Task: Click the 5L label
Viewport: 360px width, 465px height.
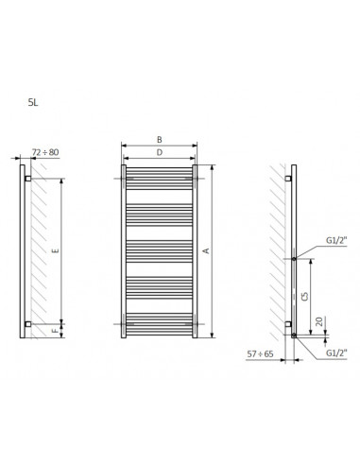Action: [33, 103]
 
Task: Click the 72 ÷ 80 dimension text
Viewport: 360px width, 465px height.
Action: [45, 152]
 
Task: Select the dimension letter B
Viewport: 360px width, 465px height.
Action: [160, 140]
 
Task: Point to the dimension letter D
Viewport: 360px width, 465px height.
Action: [160, 152]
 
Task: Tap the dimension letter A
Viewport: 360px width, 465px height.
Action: [206, 250]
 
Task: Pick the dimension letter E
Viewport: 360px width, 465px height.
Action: [56, 250]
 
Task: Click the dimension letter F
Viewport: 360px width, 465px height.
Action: [56, 331]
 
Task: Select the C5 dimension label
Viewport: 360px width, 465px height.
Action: [304, 296]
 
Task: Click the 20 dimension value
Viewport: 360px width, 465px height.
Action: [319, 321]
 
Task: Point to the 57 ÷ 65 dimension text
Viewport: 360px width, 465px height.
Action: [260, 354]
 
